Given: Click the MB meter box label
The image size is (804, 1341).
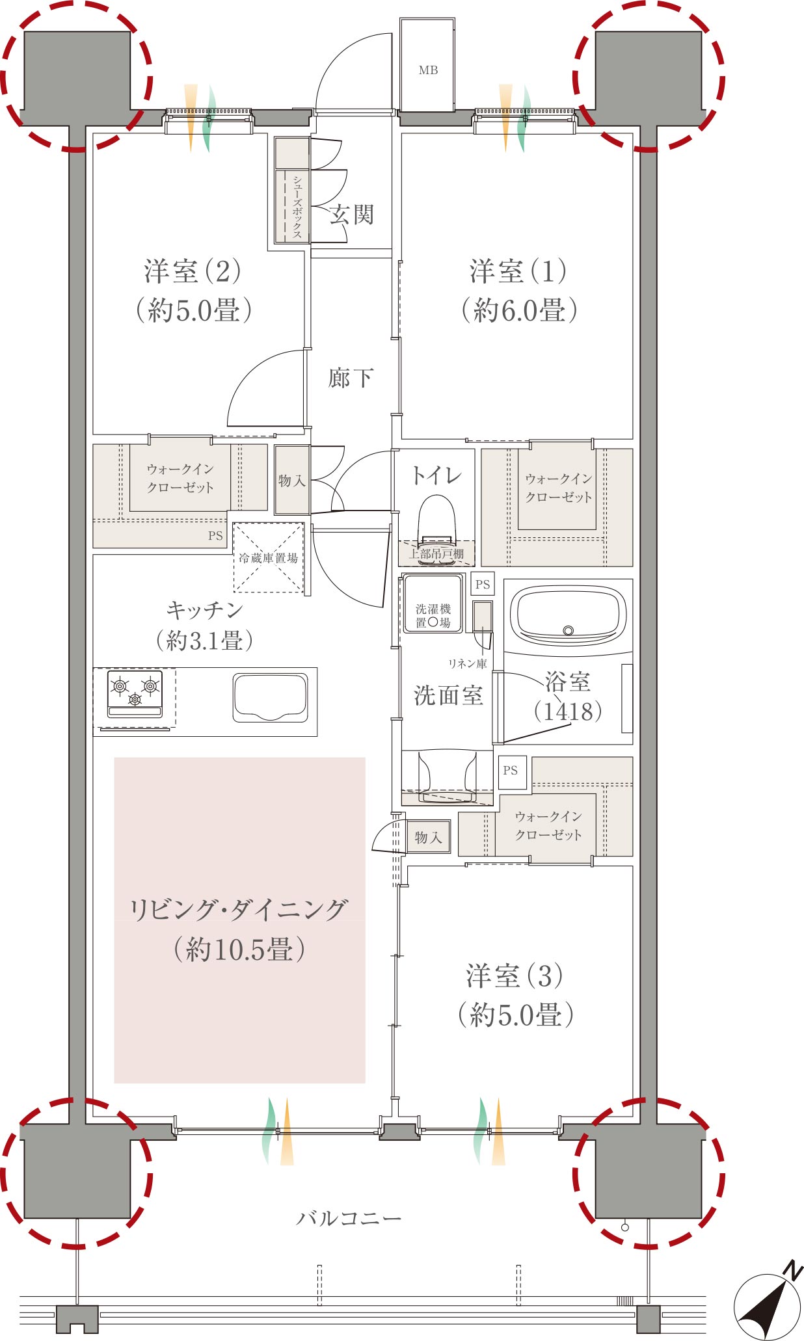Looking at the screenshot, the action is pyautogui.click(x=428, y=70).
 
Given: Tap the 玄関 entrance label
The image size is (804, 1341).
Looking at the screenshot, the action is pyautogui.click(x=351, y=215).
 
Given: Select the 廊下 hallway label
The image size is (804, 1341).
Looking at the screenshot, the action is pyautogui.click(x=351, y=378).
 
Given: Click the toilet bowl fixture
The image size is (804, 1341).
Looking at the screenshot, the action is pyautogui.click(x=436, y=520).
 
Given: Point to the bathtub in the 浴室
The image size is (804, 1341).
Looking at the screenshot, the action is pyautogui.click(x=568, y=614).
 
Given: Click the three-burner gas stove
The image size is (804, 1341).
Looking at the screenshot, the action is pyautogui.click(x=135, y=693).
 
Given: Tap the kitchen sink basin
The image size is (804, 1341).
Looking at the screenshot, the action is pyautogui.click(x=271, y=698).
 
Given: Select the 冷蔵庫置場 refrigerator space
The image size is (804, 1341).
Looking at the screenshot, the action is pyautogui.click(x=269, y=558).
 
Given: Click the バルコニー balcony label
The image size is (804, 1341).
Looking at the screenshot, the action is pyautogui.click(x=349, y=1218).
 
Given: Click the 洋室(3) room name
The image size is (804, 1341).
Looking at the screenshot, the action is pyautogui.click(x=515, y=976).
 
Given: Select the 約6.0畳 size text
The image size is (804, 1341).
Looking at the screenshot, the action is pyautogui.click(x=519, y=310).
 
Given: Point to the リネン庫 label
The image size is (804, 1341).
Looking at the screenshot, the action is pyautogui.click(x=467, y=663).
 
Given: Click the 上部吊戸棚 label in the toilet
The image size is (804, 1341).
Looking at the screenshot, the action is pyautogui.click(x=436, y=554).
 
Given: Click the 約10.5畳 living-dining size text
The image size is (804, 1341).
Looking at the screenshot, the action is pyautogui.click(x=239, y=950).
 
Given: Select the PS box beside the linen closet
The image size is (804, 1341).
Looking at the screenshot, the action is pyautogui.click(x=482, y=584).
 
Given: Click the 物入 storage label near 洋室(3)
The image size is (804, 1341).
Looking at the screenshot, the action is pyautogui.click(x=428, y=837).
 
